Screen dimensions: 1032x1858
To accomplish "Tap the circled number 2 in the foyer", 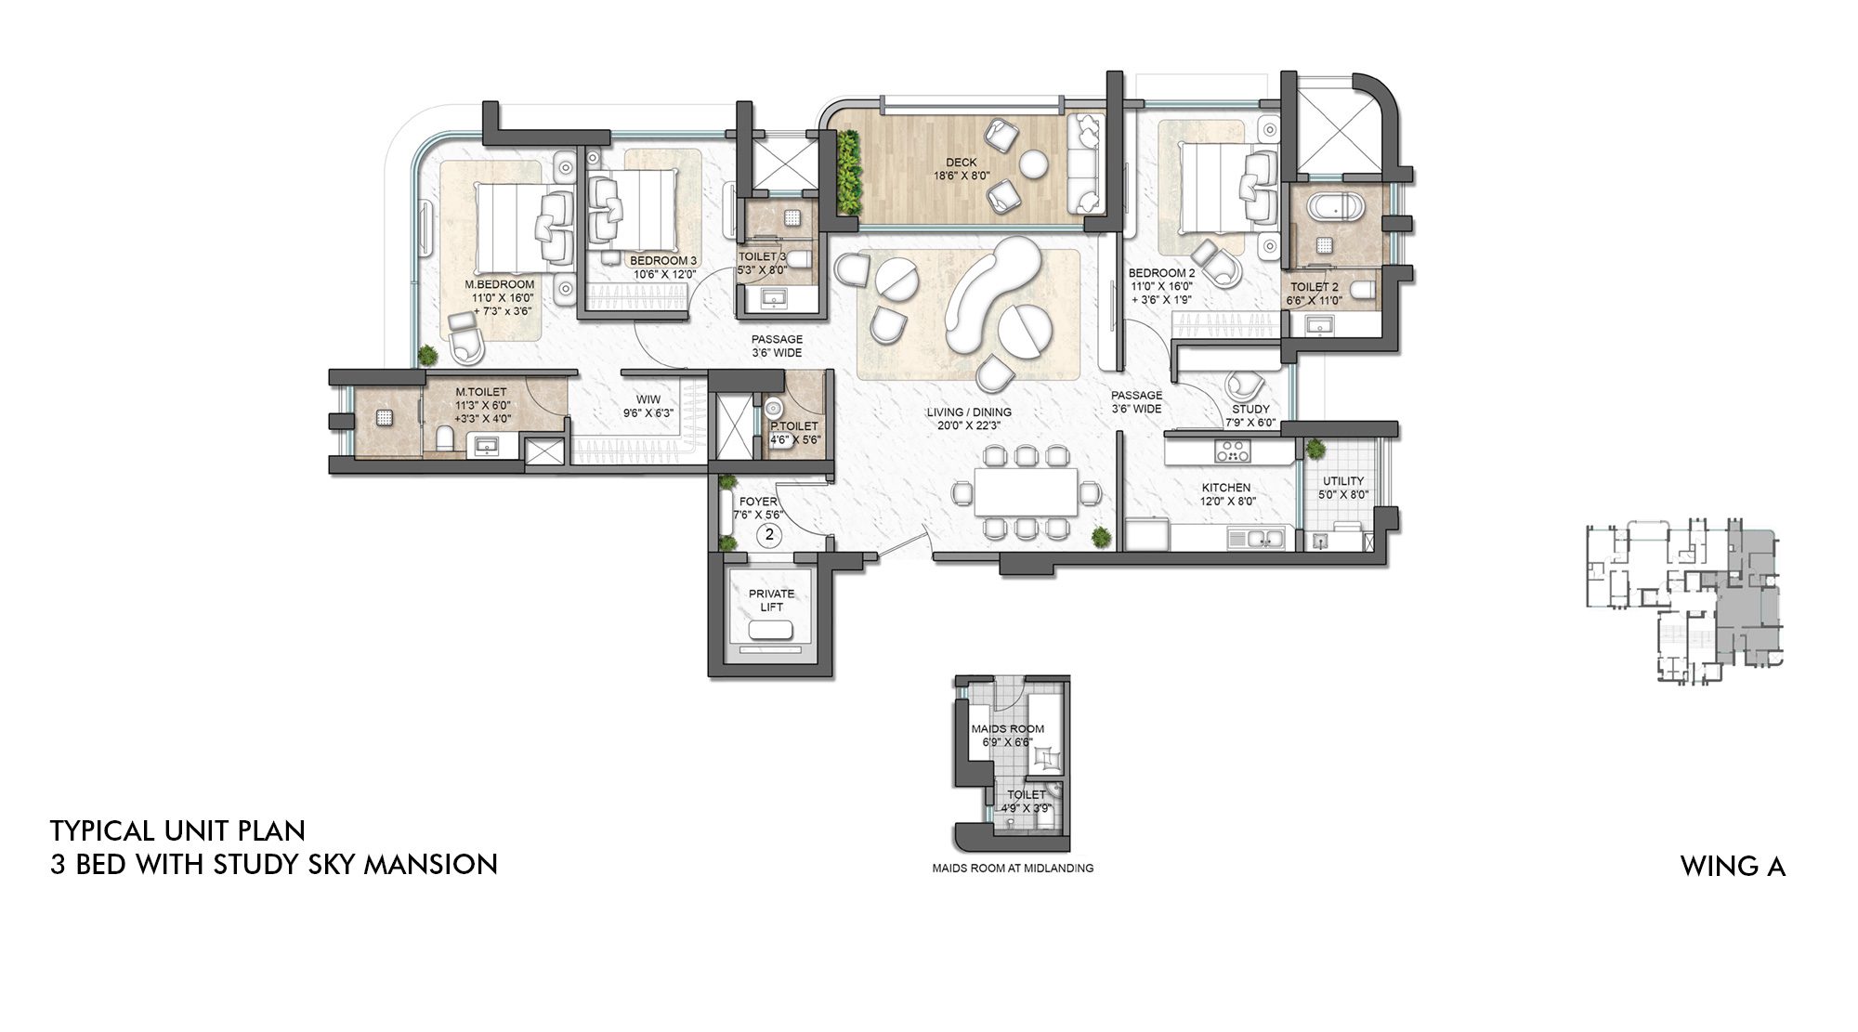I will (x=769, y=534).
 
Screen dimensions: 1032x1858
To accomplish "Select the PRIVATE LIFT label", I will (x=772, y=600).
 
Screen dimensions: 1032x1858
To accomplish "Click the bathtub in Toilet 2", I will (x=1334, y=206).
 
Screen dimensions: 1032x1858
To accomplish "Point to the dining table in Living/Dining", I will (x=1026, y=491).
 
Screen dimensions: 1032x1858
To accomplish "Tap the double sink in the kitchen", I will (x=1256, y=538).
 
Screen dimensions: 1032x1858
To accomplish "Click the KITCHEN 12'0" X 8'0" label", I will (x=1226, y=494).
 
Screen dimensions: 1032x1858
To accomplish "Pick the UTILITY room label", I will (x=1343, y=488).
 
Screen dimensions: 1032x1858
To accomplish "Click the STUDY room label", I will (x=1250, y=415).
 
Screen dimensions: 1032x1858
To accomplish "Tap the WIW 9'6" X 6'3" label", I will (x=648, y=406).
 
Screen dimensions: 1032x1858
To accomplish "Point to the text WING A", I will (x=1733, y=867).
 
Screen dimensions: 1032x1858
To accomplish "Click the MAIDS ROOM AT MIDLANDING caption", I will (x=1013, y=869).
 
